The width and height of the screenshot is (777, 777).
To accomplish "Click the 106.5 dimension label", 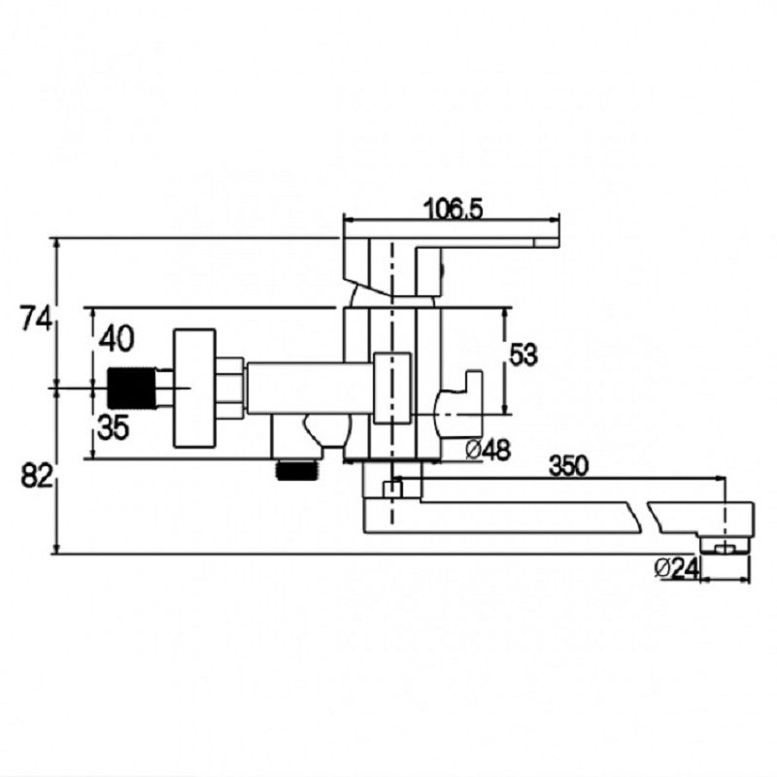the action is coord(454,210).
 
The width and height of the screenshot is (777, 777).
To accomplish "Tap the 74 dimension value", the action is coord(35,319).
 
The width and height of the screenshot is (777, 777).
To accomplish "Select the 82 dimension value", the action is coord(36,476).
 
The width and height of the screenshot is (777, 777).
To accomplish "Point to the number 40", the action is coord(117,339).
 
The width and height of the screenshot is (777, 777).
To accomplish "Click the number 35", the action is coord(114,427).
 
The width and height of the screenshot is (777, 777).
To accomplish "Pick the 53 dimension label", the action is coord(524,355).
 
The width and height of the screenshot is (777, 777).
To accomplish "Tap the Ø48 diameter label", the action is coord(488,450).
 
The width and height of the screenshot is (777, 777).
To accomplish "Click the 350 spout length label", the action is coord(569,466).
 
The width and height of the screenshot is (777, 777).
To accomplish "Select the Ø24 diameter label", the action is coord(676,568).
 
